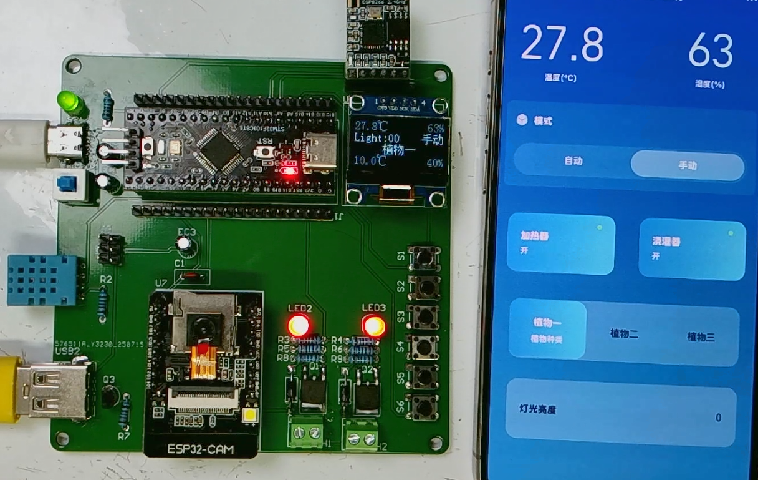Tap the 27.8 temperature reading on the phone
click(562, 45)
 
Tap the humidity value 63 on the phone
click(710, 51)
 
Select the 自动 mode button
click(573, 161)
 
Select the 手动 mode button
click(687, 165)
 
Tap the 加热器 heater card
click(560, 244)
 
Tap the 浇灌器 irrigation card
click(691, 248)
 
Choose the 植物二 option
click(623, 333)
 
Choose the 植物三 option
click(701, 337)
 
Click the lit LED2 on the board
click(299, 325)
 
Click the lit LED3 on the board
click(373, 325)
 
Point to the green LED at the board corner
click(72, 104)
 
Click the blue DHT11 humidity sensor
click(44, 280)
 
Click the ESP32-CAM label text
click(201, 449)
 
